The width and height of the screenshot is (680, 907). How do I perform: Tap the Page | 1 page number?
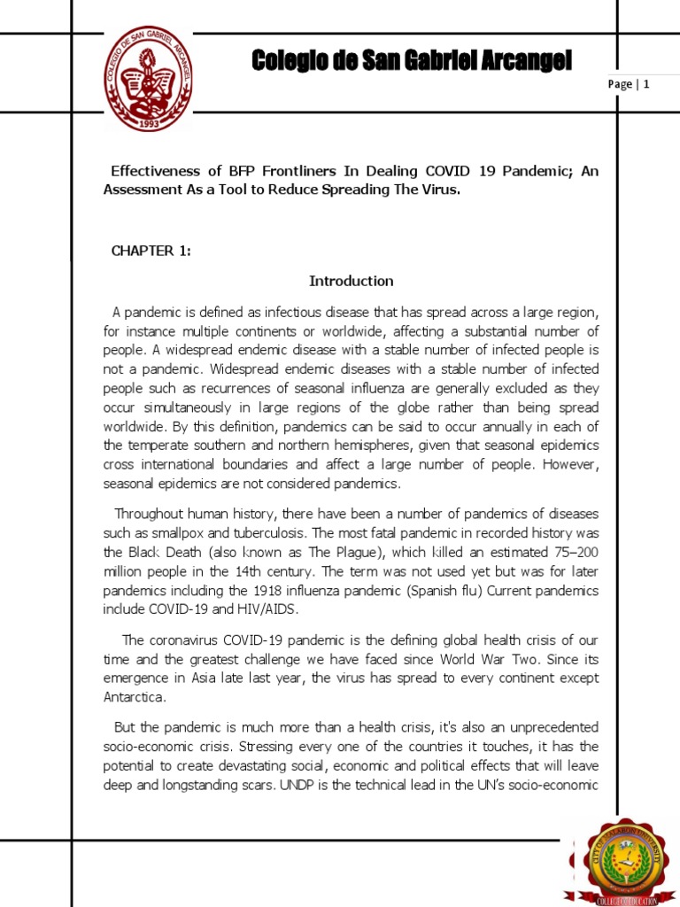point(630,84)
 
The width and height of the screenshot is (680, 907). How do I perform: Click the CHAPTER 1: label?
point(151,251)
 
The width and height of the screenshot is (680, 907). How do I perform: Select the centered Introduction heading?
point(351,281)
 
